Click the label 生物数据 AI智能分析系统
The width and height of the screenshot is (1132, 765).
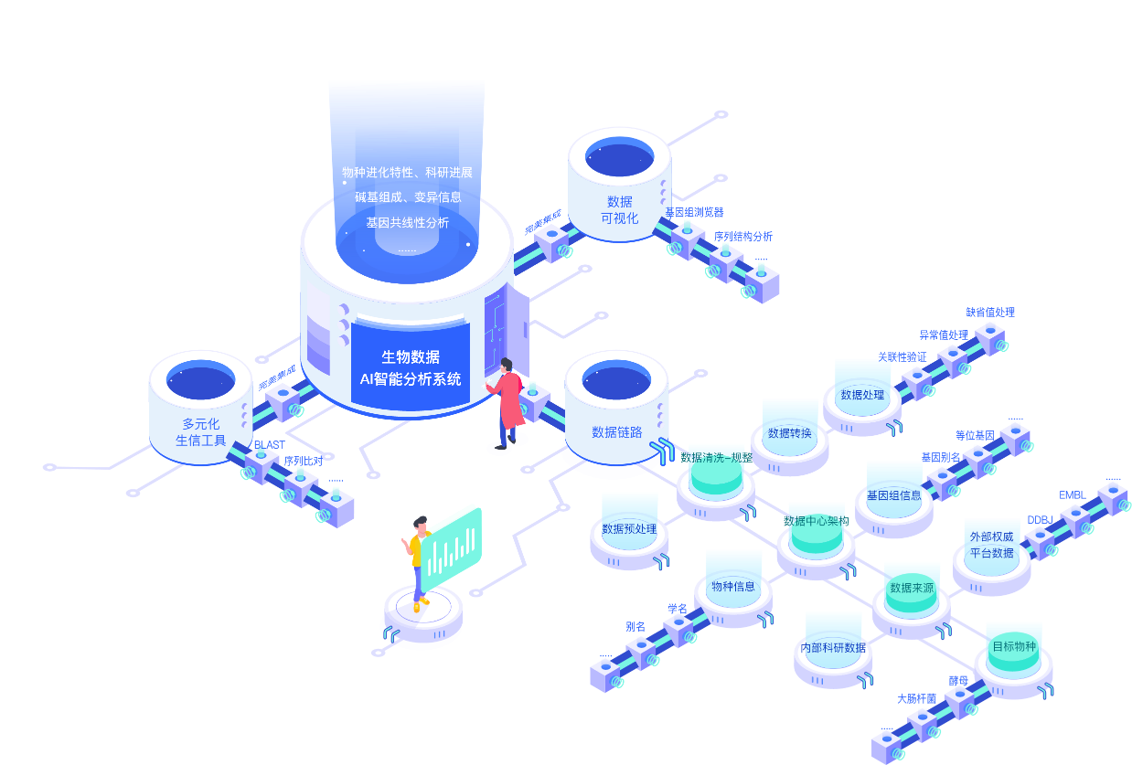point(410,367)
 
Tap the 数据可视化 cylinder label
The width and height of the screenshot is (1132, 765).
point(619,209)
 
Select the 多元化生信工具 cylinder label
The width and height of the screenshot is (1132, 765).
point(200,431)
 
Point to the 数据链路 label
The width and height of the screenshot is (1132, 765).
point(616,431)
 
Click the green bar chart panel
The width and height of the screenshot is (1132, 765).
point(451,548)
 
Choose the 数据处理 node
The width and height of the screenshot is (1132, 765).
point(861,395)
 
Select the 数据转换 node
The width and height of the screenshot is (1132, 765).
point(789,432)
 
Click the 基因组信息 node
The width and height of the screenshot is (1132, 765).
point(893,494)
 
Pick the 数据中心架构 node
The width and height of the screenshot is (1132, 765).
point(816,521)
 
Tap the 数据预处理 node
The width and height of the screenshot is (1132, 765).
point(629,528)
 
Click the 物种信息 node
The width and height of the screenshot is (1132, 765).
point(733,586)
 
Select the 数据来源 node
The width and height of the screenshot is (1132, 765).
point(912,588)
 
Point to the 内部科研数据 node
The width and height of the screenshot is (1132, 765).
point(833,647)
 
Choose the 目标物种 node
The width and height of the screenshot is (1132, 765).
point(1014,646)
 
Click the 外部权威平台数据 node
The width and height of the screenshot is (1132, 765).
point(991,544)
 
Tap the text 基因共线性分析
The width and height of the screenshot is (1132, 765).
point(407,222)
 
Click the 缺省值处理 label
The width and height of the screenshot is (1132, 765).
point(990,312)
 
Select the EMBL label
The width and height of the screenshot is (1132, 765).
point(1072,495)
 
